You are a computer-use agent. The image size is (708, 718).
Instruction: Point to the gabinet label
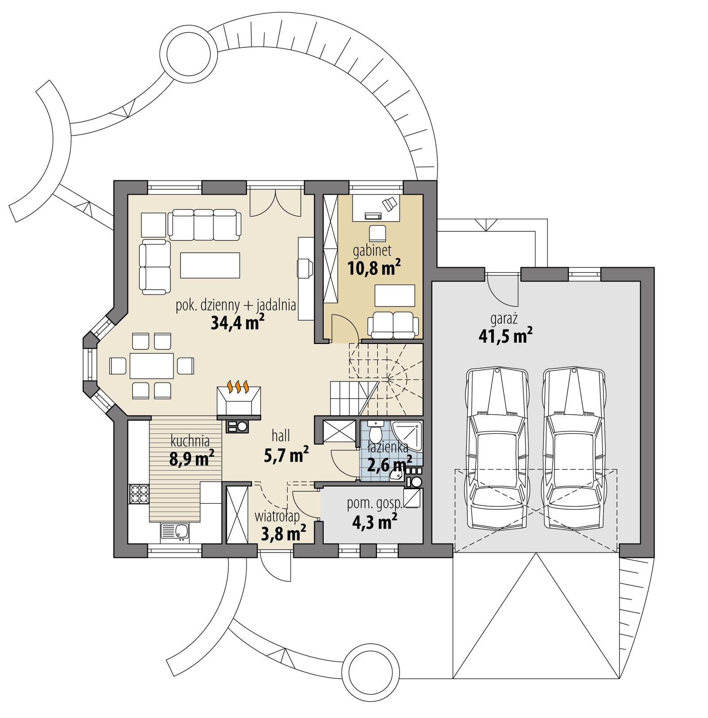[x=372, y=251]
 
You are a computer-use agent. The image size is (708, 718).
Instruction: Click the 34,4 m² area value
[x=238, y=323]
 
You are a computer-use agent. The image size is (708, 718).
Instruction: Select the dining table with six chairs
[x=151, y=366]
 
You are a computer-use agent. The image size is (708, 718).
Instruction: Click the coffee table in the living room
[x=210, y=265]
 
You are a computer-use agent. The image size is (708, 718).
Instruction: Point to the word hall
[x=281, y=436]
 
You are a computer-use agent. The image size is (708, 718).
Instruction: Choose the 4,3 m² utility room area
[x=374, y=523]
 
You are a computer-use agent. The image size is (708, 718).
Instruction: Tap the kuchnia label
[x=190, y=440]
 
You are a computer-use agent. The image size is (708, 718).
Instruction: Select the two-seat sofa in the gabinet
[x=393, y=326]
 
